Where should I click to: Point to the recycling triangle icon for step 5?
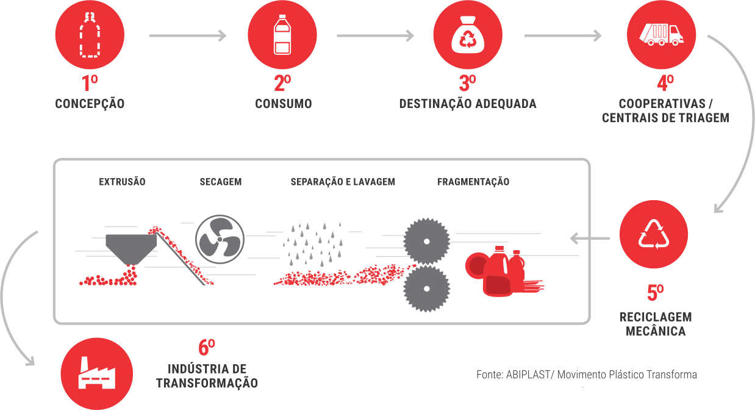click(x=653, y=234)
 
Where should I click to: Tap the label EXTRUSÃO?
click(x=122, y=182)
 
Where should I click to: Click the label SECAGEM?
click(x=221, y=182)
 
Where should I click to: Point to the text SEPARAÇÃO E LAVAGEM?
click(x=343, y=182)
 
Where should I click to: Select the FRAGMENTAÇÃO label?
click(x=473, y=182)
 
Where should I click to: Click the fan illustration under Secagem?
click(x=220, y=238)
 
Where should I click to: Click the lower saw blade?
click(x=426, y=288)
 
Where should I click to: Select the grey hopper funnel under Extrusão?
click(x=131, y=247)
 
